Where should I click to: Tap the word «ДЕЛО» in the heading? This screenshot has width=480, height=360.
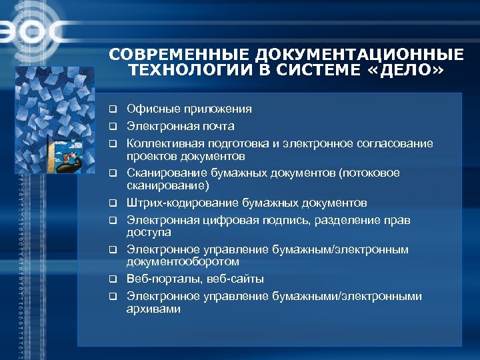click(413, 70)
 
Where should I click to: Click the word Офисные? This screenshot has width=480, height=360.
click(149, 109)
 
